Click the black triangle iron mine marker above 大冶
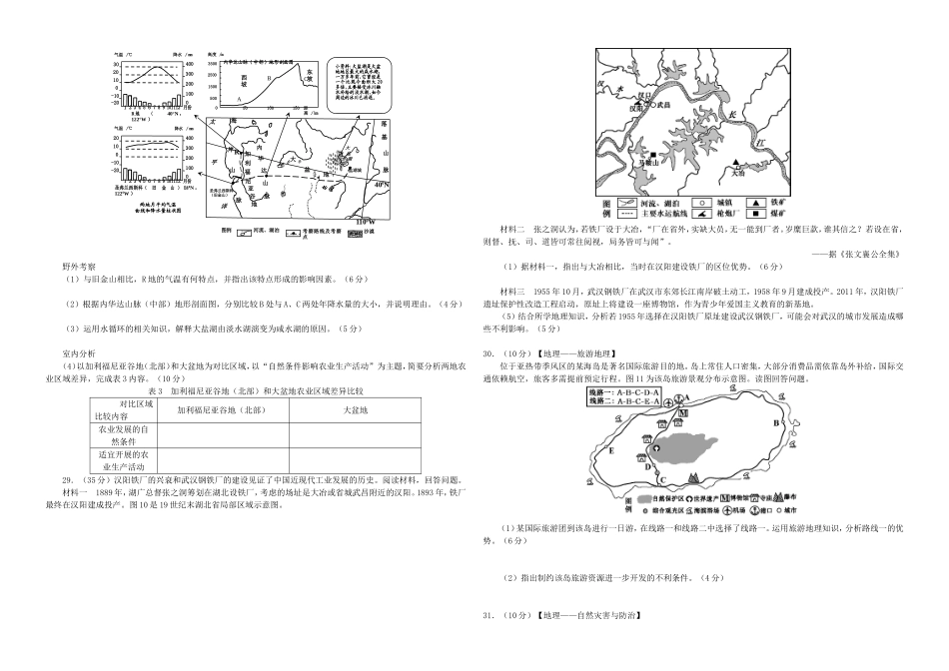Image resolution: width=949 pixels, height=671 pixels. coord(736,162)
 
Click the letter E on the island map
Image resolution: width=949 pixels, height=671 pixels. coord(611,451)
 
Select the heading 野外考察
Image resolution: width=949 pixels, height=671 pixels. coord(79,268)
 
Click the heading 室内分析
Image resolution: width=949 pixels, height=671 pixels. coord(79,353)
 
